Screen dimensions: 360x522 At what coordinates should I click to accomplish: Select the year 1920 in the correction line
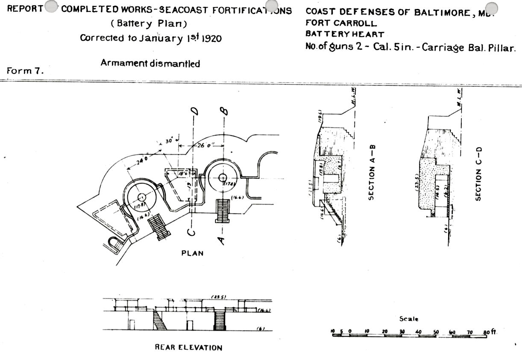point(211,38)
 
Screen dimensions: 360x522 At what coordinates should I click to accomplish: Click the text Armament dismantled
point(150,63)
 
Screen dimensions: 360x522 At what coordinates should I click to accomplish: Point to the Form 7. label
point(25,71)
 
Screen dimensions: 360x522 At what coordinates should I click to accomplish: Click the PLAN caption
point(193,253)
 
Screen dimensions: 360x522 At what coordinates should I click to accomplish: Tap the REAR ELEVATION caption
point(188,347)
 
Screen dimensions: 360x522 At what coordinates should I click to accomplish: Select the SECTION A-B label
point(372,171)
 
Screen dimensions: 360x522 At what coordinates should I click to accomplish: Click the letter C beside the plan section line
point(193,233)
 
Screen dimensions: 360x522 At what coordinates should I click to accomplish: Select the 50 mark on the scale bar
point(435,331)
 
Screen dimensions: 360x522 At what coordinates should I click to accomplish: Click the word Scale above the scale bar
point(409,319)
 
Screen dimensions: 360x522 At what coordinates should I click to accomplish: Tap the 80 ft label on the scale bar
point(490,331)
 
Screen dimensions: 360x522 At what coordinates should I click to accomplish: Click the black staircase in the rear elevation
point(219,320)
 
